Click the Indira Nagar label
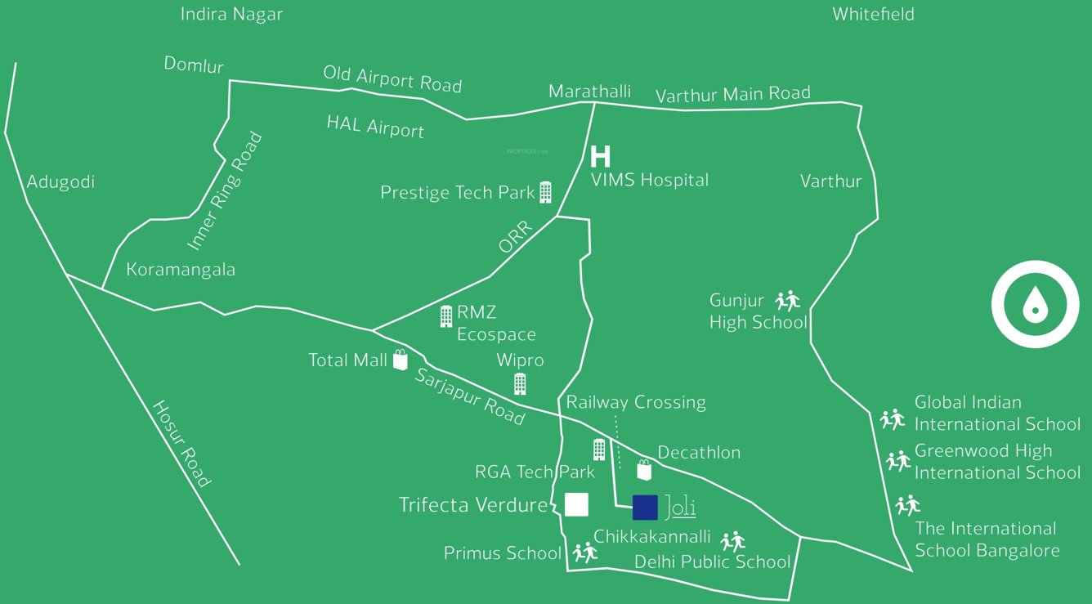232,15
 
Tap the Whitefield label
873,14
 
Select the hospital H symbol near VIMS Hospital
601,155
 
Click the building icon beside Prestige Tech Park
545,192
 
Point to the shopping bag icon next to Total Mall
400,360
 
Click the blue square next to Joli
645,507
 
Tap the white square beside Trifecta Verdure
576,504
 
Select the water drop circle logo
1035,304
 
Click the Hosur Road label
181,444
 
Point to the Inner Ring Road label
225,191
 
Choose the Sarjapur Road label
469,396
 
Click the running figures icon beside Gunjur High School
788,301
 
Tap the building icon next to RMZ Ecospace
445,315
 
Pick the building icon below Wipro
519,383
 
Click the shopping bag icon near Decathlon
644,469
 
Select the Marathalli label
589,92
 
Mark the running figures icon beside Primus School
585,553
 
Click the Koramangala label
181,270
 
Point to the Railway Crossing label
636,402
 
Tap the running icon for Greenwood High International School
897,461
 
